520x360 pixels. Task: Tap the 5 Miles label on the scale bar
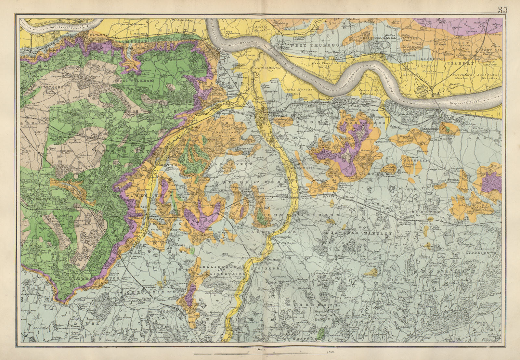click(x=331, y=352)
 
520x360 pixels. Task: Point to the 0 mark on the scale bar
click(x=194, y=352)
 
